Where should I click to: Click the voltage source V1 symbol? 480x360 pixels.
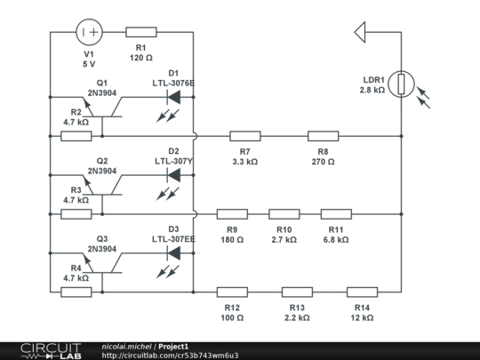[x=89, y=32]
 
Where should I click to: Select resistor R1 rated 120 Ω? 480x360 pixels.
[x=141, y=32]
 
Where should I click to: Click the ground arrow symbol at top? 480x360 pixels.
[x=361, y=32]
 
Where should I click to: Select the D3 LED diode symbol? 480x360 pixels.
[x=173, y=252]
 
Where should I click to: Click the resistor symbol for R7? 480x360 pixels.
[x=245, y=136]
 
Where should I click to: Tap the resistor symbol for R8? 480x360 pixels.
[x=323, y=136]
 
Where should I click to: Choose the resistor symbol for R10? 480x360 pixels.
[x=284, y=213]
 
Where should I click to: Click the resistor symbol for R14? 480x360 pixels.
[x=362, y=291]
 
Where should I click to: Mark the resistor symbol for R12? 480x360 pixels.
[x=232, y=291]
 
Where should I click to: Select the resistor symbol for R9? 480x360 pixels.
[x=232, y=213]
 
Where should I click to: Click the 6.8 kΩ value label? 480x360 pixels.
[x=335, y=240]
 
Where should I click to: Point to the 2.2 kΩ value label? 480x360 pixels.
[x=297, y=317]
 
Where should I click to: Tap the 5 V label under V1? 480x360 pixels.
[x=89, y=65]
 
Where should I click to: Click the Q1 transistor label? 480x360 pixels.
[x=102, y=82]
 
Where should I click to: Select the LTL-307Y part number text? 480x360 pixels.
[x=173, y=161]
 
